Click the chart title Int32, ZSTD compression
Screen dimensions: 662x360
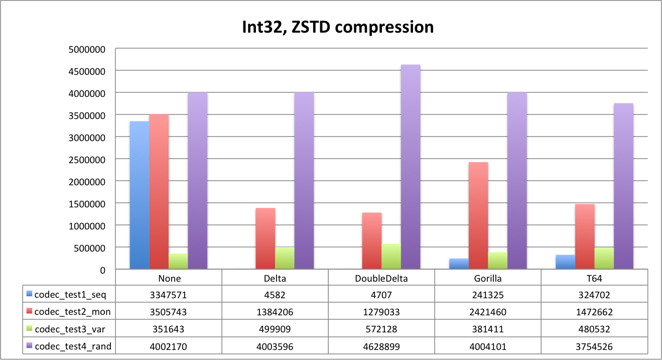click(338, 27)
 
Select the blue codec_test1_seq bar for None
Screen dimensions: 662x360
click(140, 195)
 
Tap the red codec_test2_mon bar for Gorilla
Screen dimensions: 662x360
click(478, 215)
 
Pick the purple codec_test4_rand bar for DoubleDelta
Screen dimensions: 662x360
click(411, 167)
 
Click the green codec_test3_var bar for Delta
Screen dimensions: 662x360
click(285, 258)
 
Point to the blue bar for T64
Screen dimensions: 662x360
click(565, 262)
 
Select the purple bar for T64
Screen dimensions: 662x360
click(623, 186)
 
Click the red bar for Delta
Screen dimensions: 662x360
click(266, 238)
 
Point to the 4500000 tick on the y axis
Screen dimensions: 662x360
click(87, 71)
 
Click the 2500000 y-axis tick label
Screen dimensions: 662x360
click(87, 160)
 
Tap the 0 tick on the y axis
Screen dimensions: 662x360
click(102, 271)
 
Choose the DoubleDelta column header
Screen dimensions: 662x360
click(381, 279)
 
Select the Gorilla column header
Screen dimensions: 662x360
click(488, 279)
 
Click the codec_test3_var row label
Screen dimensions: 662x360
click(70, 329)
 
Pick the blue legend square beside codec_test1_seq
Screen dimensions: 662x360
click(29, 294)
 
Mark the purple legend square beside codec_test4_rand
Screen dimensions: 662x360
click(29, 345)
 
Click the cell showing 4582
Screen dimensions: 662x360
click(275, 295)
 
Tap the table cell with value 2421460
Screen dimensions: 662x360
click(488, 312)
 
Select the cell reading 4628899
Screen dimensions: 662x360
click(381, 347)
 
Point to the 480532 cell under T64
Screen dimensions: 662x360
click(594, 329)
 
